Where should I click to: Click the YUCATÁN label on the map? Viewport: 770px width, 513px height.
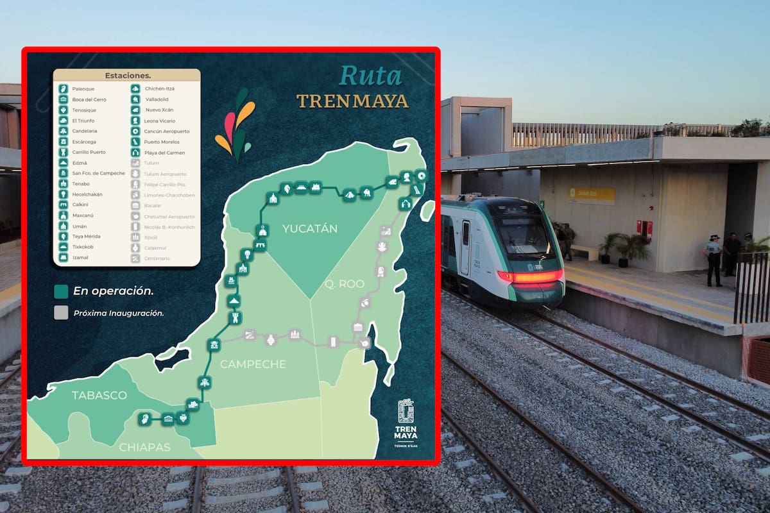point(309,229)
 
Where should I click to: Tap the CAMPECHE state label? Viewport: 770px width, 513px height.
point(253,364)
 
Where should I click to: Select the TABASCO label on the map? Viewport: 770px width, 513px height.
point(99,395)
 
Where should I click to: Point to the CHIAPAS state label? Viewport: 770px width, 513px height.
point(145,447)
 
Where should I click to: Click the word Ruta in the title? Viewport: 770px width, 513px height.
point(370,76)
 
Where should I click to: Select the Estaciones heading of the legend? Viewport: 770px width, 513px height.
point(127,76)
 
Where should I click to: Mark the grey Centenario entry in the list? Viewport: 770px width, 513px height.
point(157,258)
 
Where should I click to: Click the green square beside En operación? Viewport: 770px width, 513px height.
point(61,292)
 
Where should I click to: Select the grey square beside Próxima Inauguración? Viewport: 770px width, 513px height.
point(61,314)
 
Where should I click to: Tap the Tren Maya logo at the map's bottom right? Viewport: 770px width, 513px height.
point(406,421)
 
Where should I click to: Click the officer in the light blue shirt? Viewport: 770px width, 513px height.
point(714,258)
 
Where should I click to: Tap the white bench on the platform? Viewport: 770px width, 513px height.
point(584,250)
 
